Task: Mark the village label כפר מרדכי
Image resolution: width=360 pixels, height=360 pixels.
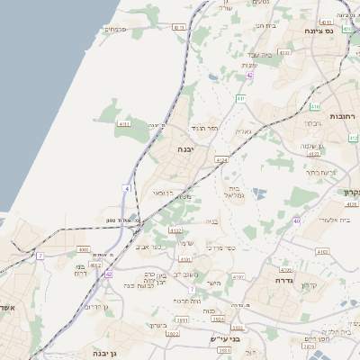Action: pyautogui.click(x=218, y=246)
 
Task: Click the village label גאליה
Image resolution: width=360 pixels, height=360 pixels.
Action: pyautogui.click(x=244, y=131)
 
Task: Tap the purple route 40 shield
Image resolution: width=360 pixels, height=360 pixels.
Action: pyautogui.click(x=297, y=220)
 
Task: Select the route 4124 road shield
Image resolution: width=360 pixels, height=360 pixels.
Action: pyautogui.click(x=221, y=160)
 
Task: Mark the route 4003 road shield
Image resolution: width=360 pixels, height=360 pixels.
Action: pyautogui.click(x=83, y=250)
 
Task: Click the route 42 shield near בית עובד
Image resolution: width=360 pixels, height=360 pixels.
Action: pyautogui.click(x=250, y=75)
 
